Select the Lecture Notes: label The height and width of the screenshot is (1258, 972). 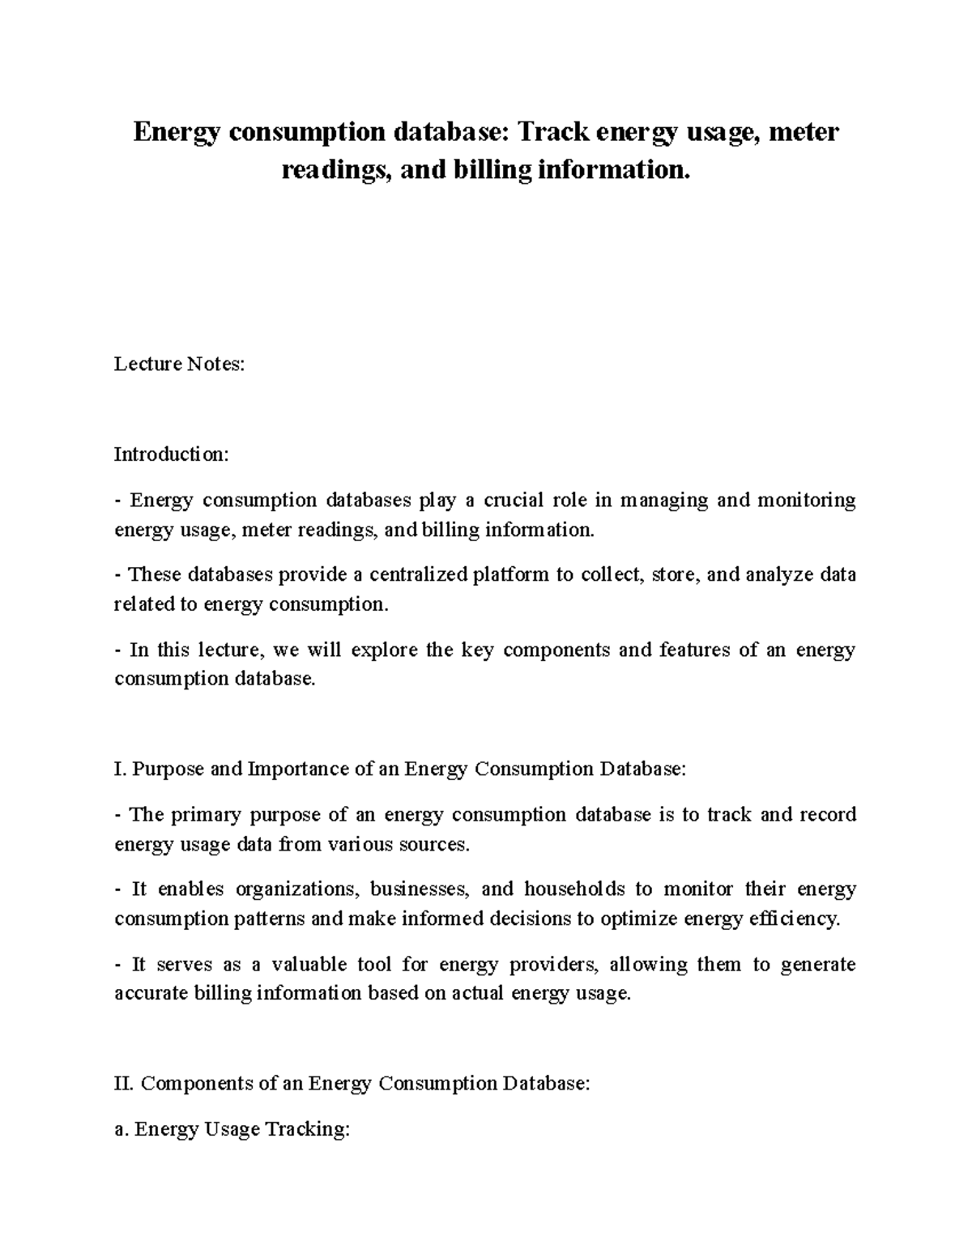pos(179,365)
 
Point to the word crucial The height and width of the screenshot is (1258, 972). pos(513,500)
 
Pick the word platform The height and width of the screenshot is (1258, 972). pos(510,575)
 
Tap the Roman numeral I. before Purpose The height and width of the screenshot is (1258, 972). pos(120,769)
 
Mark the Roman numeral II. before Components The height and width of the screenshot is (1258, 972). pos(124,1083)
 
